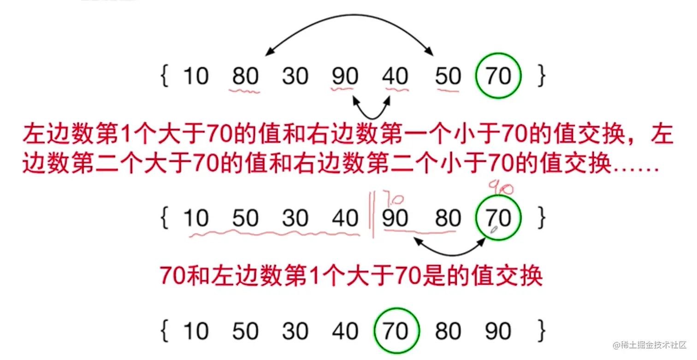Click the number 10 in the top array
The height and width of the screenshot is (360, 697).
coord(196,76)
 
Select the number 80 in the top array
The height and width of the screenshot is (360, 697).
coord(246,76)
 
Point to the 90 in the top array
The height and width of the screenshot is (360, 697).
coord(345,76)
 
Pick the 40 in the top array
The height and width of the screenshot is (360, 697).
coord(395,76)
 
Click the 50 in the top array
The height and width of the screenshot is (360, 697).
coord(448,76)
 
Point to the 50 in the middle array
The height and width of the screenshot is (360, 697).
coord(246,218)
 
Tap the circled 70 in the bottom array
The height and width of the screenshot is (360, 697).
coord(396,331)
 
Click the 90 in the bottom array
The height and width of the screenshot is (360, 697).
coord(498,331)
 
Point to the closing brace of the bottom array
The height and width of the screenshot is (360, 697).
coord(541,331)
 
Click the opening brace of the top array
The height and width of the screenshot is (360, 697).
coord(164,76)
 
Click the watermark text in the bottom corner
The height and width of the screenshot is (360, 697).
coord(650,345)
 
